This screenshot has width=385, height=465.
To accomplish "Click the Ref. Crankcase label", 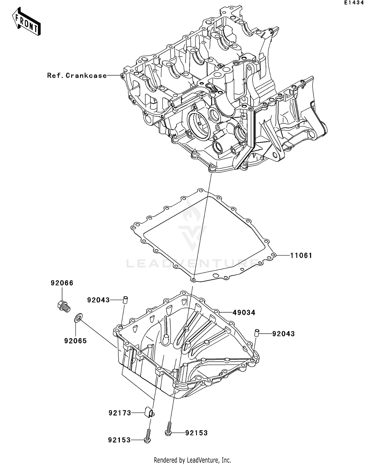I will pos(77,76).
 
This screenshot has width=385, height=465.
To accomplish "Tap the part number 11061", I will pos(301,256).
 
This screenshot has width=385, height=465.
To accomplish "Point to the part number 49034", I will pos(244,313).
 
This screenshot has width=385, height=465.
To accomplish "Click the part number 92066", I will pos(62,283).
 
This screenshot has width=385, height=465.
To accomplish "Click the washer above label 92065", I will pos(78,318).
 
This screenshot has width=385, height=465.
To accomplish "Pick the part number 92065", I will pos(75,341).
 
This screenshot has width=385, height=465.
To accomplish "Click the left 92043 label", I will pos(98,300).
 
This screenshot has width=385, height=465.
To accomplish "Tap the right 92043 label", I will pos(283,334).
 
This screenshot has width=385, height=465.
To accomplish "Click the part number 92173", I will pos(120,413).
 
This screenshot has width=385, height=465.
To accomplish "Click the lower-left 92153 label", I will pos(119,440).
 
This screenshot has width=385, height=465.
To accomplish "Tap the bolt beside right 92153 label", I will pos(168,430).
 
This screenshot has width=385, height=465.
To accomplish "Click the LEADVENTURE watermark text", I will pos(192,263).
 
